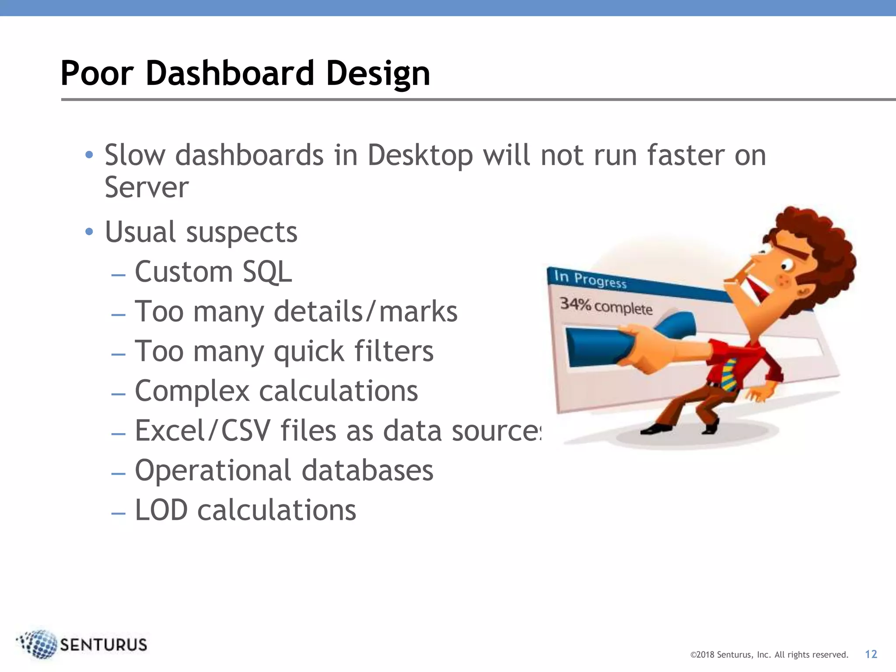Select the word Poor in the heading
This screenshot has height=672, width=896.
(97, 73)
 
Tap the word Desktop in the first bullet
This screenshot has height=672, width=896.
(420, 155)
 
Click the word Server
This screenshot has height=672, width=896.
(147, 188)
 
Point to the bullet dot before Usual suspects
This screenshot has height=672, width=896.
(89, 231)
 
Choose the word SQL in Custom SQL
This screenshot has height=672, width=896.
(267, 272)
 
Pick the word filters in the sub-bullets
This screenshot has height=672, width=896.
(393, 351)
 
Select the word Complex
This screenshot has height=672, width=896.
(192, 391)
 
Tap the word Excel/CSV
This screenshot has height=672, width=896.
(203, 430)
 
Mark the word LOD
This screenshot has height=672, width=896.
(161, 510)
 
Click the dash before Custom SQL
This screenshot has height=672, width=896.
(119, 275)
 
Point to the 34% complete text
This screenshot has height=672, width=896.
(606, 306)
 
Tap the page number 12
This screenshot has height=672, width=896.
(871, 654)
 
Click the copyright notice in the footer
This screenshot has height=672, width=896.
(769, 655)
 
